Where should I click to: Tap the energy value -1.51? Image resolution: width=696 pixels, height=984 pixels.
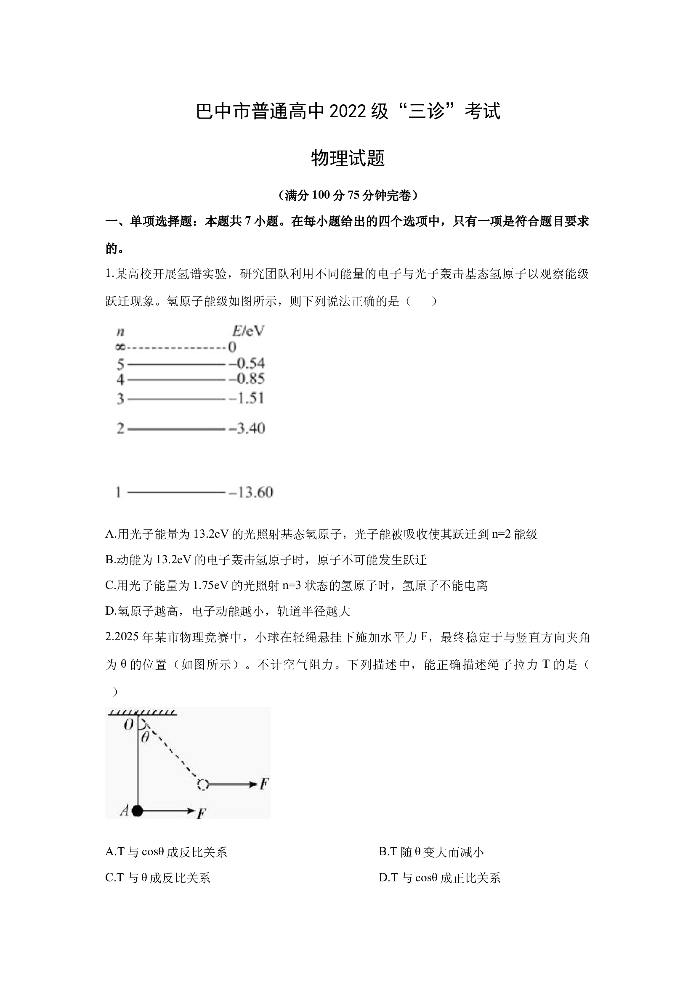[247, 398]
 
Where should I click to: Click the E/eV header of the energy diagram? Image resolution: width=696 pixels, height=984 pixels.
[248, 331]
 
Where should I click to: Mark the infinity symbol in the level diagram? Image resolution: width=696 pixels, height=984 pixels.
[120, 347]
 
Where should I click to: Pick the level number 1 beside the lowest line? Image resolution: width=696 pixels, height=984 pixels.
[118, 493]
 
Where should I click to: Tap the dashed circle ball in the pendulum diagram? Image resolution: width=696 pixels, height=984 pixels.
[203, 785]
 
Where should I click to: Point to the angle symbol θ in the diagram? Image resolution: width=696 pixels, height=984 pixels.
[145, 737]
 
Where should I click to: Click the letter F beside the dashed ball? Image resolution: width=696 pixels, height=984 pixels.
[264, 784]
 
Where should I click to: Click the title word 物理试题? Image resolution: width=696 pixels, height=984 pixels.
[348, 158]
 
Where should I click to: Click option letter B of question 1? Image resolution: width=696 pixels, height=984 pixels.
[109, 560]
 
